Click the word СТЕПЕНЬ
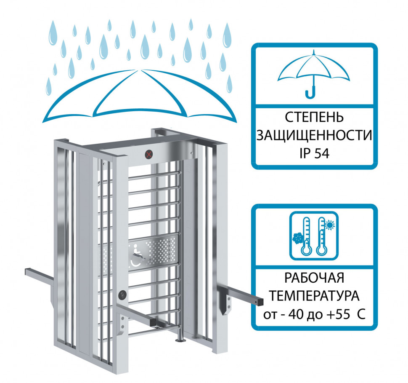pos(314,117)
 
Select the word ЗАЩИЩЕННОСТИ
pos(314,135)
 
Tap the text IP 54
pos(314,153)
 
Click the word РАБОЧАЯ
pos(314,278)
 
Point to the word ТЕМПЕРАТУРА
pos(314,296)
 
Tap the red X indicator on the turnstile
pos(148,154)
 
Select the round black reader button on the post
pos(122,295)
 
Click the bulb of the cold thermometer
pos(306,251)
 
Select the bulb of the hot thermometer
pos(322,251)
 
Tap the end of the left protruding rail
pos(26,272)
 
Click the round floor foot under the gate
pos(180,340)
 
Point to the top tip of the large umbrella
pos(139,70)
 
